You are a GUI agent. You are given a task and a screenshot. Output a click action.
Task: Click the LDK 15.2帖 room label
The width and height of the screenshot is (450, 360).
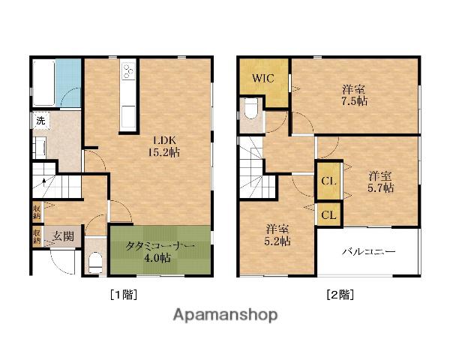click(x=164, y=146)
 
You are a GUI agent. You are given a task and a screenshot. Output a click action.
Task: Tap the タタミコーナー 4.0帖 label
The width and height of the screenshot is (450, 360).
click(x=160, y=252)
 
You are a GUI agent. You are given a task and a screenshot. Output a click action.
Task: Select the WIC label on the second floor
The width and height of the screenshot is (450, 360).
click(x=263, y=78)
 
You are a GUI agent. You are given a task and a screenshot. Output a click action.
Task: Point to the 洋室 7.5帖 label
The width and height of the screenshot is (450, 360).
click(x=355, y=95)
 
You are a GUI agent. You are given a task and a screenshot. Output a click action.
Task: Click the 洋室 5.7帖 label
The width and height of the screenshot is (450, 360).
click(x=380, y=181)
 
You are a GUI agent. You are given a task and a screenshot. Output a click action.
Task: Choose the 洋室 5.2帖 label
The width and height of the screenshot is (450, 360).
click(x=277, y=235)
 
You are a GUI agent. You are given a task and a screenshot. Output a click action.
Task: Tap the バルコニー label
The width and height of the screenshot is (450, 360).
click(x=369, y=252)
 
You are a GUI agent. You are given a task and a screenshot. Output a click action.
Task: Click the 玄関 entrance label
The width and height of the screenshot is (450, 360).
click(x=64, y=236)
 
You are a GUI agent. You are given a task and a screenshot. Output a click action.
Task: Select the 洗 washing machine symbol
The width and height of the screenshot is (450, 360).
click(x=40, y=121)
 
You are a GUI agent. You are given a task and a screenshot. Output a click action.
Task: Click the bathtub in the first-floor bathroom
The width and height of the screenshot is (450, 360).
click(x=44, y=83)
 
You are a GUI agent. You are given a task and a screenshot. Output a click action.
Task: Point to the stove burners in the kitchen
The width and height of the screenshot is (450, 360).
click(x=128, y=70)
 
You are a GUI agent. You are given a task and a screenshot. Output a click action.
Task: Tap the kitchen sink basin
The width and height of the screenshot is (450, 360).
click(x=128, y=117)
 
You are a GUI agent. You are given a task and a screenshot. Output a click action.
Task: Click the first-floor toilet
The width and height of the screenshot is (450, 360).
click(x=95, y=262)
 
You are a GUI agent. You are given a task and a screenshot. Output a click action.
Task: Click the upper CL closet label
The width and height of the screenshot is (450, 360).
click(x=329, y=181)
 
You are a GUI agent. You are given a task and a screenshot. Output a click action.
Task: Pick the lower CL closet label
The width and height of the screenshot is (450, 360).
click(x=329, y=214)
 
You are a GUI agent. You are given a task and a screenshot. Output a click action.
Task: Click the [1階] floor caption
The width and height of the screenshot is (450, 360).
click(x=124, y=295)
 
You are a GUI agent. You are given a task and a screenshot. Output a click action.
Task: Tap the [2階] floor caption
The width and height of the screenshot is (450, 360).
click(x=340, y=295)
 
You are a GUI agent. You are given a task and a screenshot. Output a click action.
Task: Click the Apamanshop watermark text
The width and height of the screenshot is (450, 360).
click(x=226, y=315)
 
